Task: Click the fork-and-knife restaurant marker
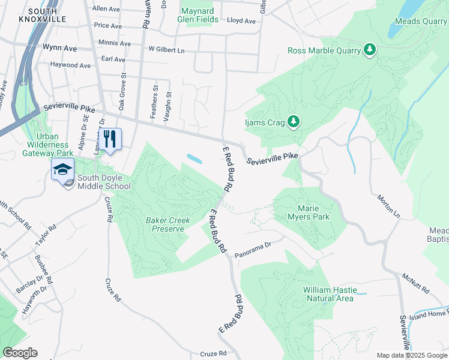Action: coord(109,139)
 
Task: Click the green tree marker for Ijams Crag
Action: coord(293,122)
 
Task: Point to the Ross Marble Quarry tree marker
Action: coord(370,50)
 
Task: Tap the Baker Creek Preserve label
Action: coord(168,224)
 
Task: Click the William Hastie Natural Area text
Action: coord(329,294)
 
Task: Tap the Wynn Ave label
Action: coord(59,47)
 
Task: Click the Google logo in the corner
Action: coord(20,353)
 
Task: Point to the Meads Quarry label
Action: coord(421,22)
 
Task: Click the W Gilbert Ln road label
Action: coord(166,49)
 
